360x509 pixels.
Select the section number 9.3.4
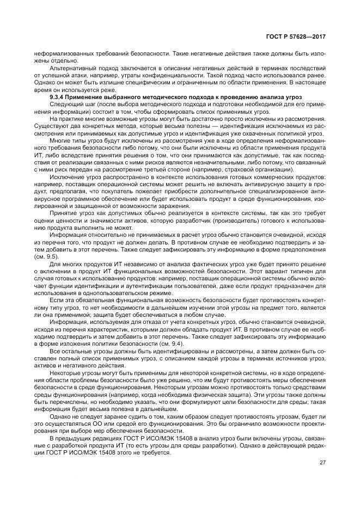(x=57, y=96)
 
